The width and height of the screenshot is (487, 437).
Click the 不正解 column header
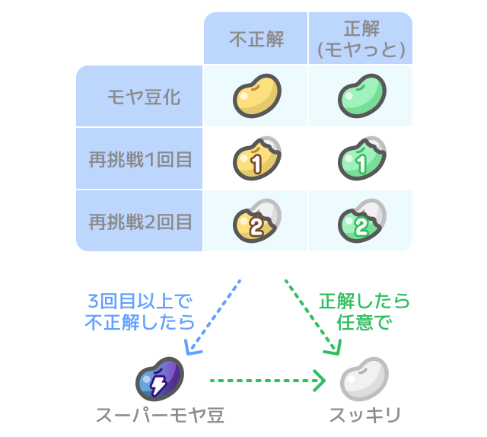click(x=256, y=39)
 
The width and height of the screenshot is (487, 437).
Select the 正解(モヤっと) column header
click(x=361, y=39)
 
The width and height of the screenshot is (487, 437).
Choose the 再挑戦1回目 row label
click(x=140, y=160)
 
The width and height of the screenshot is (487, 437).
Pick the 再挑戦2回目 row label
click(x=140, y=222)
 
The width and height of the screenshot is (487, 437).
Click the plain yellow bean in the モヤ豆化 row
click(x=256, y=95)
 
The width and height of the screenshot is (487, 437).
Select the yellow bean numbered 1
click(x=256, y=158)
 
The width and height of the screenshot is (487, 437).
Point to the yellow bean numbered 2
click(x=256, y=222)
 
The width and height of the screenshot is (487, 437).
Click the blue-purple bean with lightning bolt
click(x=160, y=379)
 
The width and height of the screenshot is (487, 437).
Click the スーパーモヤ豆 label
click(x=160, y=416)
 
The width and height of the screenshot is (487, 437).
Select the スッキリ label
click(x=364, y=416)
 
